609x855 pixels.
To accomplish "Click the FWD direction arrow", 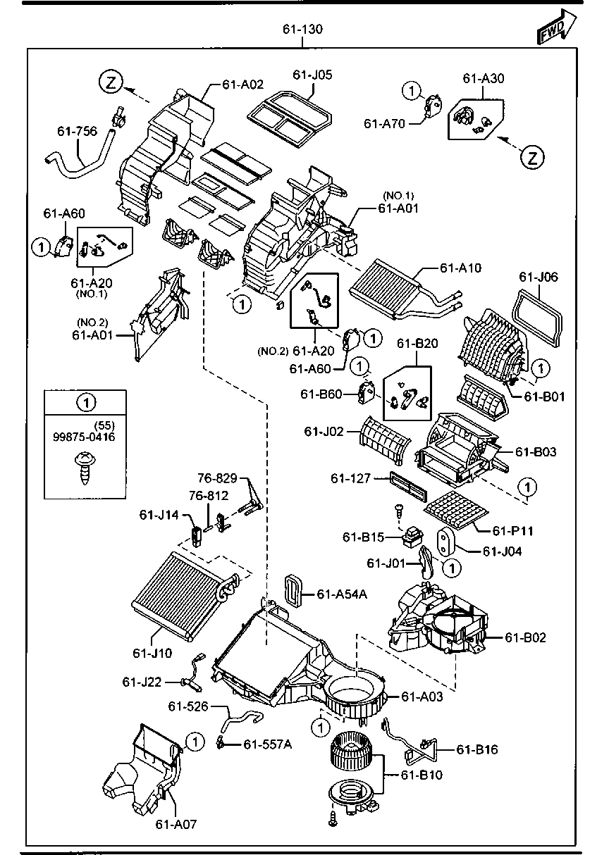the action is click(556, 27).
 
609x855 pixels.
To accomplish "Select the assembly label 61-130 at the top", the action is click(302, 29).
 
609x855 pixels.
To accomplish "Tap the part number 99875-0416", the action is click(84, 437).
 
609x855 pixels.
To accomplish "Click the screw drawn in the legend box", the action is click(85, 468).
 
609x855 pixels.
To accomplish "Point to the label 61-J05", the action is click(312, 75).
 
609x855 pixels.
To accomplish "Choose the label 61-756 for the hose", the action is click(78, 131).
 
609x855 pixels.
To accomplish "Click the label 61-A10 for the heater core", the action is click(460, 268).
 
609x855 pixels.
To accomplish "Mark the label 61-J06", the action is click(539, 277).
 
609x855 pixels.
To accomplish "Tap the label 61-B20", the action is click(417, 343).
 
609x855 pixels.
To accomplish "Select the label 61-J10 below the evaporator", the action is click(152, 653).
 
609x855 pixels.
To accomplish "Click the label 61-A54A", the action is click(342, 594).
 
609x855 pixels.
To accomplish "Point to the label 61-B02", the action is click(525, 637).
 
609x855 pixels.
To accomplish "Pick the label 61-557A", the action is click(267, 744).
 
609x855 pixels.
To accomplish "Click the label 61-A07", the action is click(176, 824).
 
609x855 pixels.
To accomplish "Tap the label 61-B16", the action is click(477, 749).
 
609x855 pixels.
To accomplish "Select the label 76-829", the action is click(217, 478).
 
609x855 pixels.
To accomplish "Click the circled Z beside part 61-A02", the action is click(111, 82).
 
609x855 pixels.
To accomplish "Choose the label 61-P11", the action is click(512, 530).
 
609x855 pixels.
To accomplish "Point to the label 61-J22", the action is click(142, 682).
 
